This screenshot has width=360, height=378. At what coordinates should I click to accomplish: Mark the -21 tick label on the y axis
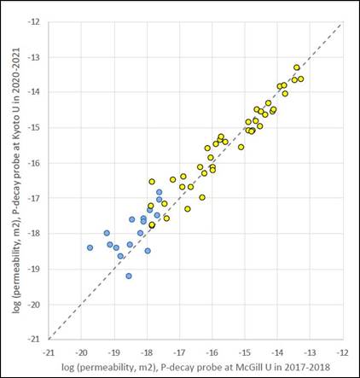(34, 339)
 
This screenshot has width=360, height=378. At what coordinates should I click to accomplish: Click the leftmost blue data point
(90, 247)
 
